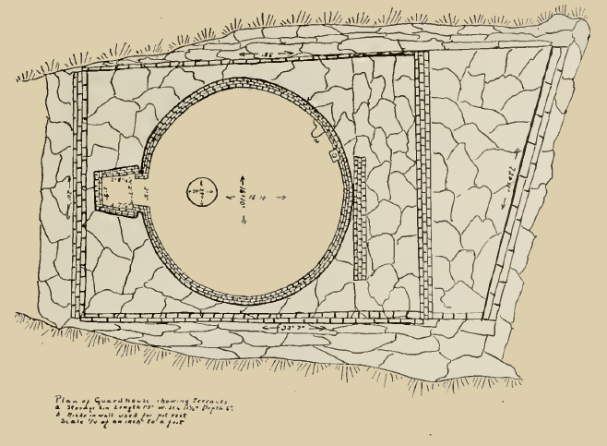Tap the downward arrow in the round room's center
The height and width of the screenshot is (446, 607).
[243, 220]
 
